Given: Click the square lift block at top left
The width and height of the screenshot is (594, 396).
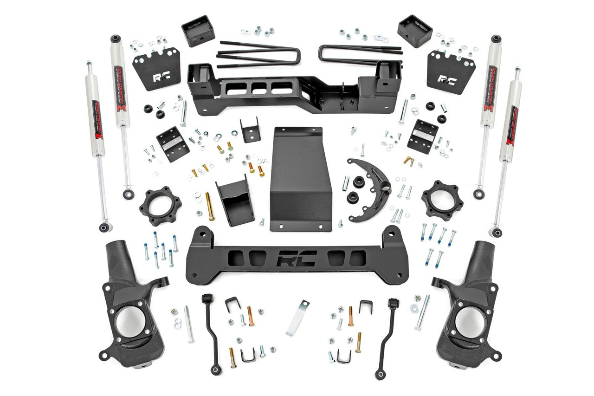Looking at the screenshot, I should (x=198, y=31).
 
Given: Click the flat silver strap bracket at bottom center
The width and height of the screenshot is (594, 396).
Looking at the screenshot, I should (x=297, y=318).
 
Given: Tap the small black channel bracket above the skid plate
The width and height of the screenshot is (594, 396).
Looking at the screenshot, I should (x=250, y=130).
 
